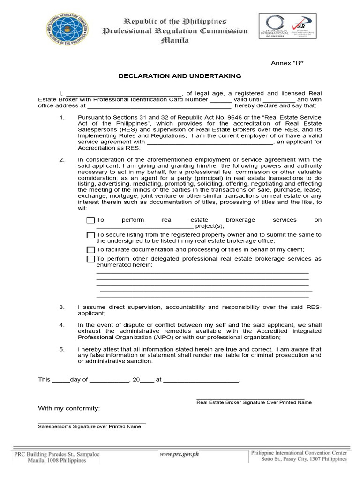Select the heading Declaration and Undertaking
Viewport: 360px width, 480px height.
[180, 75]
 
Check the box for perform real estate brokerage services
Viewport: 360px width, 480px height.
[90, 220]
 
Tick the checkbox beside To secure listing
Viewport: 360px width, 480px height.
[90, 235]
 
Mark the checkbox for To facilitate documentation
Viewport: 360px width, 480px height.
[90, 249]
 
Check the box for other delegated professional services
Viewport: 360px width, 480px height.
[90, 259]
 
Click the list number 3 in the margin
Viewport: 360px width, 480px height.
[61, 307]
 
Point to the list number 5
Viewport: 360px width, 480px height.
[61, 349]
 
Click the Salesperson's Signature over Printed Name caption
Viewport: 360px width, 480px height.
[89, 426]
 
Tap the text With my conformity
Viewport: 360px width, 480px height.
[69, 409]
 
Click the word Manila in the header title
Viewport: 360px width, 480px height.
[175, 40]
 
